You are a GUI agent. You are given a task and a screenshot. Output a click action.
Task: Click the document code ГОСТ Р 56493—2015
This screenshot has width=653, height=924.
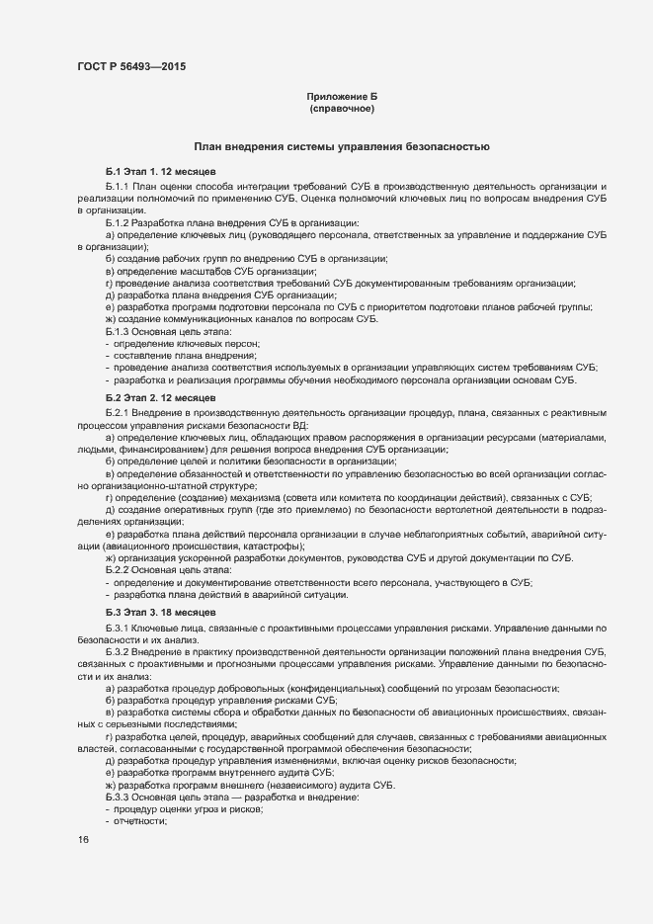[130, 67]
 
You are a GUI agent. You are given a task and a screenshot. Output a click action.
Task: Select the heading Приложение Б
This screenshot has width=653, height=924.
[342, 96]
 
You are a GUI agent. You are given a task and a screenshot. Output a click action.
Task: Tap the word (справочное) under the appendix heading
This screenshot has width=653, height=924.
[342, 108]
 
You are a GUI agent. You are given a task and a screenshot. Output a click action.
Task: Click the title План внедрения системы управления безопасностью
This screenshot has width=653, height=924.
[342, 146]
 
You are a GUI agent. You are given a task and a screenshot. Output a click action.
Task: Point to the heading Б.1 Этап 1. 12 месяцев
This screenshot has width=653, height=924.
[154, 172]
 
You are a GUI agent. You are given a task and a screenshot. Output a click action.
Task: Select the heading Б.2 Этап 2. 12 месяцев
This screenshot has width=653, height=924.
[154, 397]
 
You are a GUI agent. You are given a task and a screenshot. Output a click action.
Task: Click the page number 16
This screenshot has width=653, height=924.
[82, 839]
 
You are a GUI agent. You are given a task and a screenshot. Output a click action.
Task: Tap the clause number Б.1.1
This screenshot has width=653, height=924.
[118, 186]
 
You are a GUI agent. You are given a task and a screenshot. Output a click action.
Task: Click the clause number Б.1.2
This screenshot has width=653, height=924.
[118, 222]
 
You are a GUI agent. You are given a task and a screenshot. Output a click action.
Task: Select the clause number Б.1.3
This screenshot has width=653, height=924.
[118, 331]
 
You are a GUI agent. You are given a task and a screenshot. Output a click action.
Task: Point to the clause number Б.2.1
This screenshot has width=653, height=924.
[118, 411]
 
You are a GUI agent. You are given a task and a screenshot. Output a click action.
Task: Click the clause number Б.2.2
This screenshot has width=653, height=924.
[118, 571]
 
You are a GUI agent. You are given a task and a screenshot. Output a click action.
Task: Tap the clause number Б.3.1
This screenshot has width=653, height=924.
[118, 629]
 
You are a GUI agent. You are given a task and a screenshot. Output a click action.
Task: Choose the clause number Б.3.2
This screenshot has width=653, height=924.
[118, 653]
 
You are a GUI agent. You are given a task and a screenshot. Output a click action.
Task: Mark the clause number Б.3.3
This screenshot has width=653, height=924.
[118, 797]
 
